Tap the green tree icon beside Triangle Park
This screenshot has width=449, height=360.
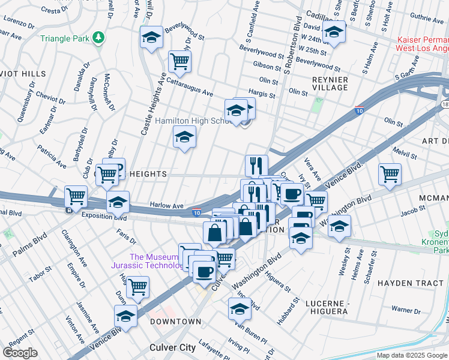(x=98, y=38)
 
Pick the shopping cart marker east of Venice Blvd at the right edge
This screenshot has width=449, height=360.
(x=390, y=173)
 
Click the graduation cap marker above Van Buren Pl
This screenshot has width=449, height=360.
(x=239, y=308)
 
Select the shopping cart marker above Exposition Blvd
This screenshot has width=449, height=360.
(x=76, y=195)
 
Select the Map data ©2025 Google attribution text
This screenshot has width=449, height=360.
(x=412, y=355)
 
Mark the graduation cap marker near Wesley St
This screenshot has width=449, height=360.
(x=339, y=227)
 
